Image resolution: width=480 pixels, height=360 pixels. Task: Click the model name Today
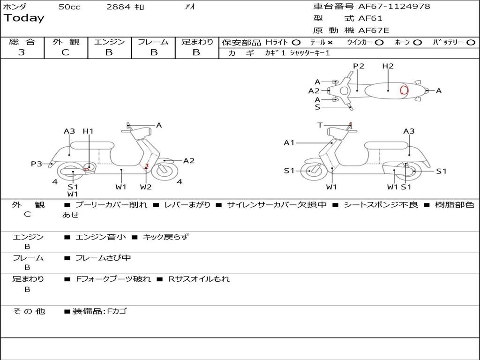point(24,18)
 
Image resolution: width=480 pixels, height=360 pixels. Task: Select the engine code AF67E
point(373,31)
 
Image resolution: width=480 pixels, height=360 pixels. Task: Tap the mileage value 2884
point(119,7)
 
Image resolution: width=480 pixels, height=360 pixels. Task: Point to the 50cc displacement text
point(69,7)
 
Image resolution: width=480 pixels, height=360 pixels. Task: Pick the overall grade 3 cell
point(22,52)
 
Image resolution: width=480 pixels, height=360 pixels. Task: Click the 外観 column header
point(66,42)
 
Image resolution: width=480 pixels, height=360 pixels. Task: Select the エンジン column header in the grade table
point(109,42)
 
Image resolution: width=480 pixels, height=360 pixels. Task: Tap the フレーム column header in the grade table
point(153,42)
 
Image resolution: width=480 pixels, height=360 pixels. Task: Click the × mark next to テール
point(330,42)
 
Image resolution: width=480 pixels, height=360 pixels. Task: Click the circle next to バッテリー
point(471,42)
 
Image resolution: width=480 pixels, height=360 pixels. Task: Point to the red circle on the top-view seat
point(404,90)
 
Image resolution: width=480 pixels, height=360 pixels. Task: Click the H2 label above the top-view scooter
point(388,66)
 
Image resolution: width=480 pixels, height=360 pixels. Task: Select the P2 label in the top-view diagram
point(359,66)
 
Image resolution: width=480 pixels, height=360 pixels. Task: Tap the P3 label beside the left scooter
point(37,164)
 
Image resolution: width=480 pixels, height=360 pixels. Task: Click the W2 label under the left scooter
point(146,187)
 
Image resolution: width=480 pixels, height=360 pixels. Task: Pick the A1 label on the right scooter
point(289,142)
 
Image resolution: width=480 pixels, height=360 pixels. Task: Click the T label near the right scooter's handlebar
point(320,125)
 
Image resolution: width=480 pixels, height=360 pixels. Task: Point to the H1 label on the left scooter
point(88,131)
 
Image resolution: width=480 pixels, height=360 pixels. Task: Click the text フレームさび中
point(103,258)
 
